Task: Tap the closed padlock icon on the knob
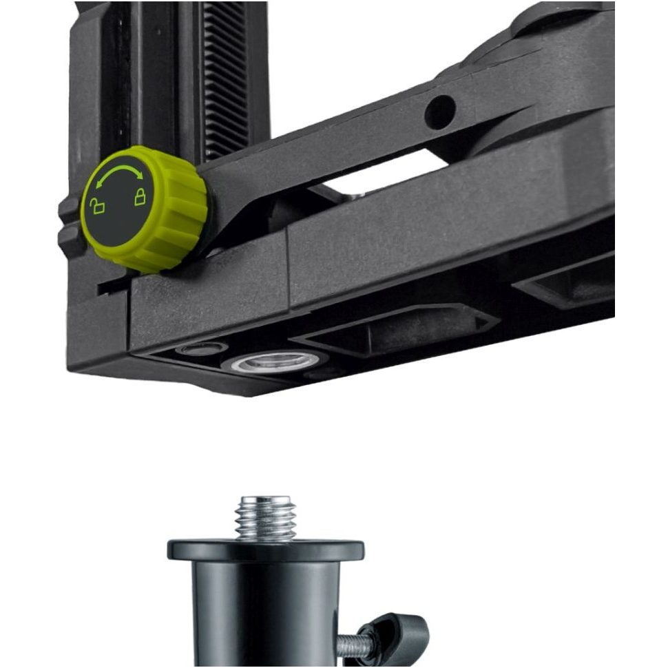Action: (140, 198)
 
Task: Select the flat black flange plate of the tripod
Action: (266, 550)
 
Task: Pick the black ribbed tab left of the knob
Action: (69, 224)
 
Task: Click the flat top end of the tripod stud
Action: (266, 499)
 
